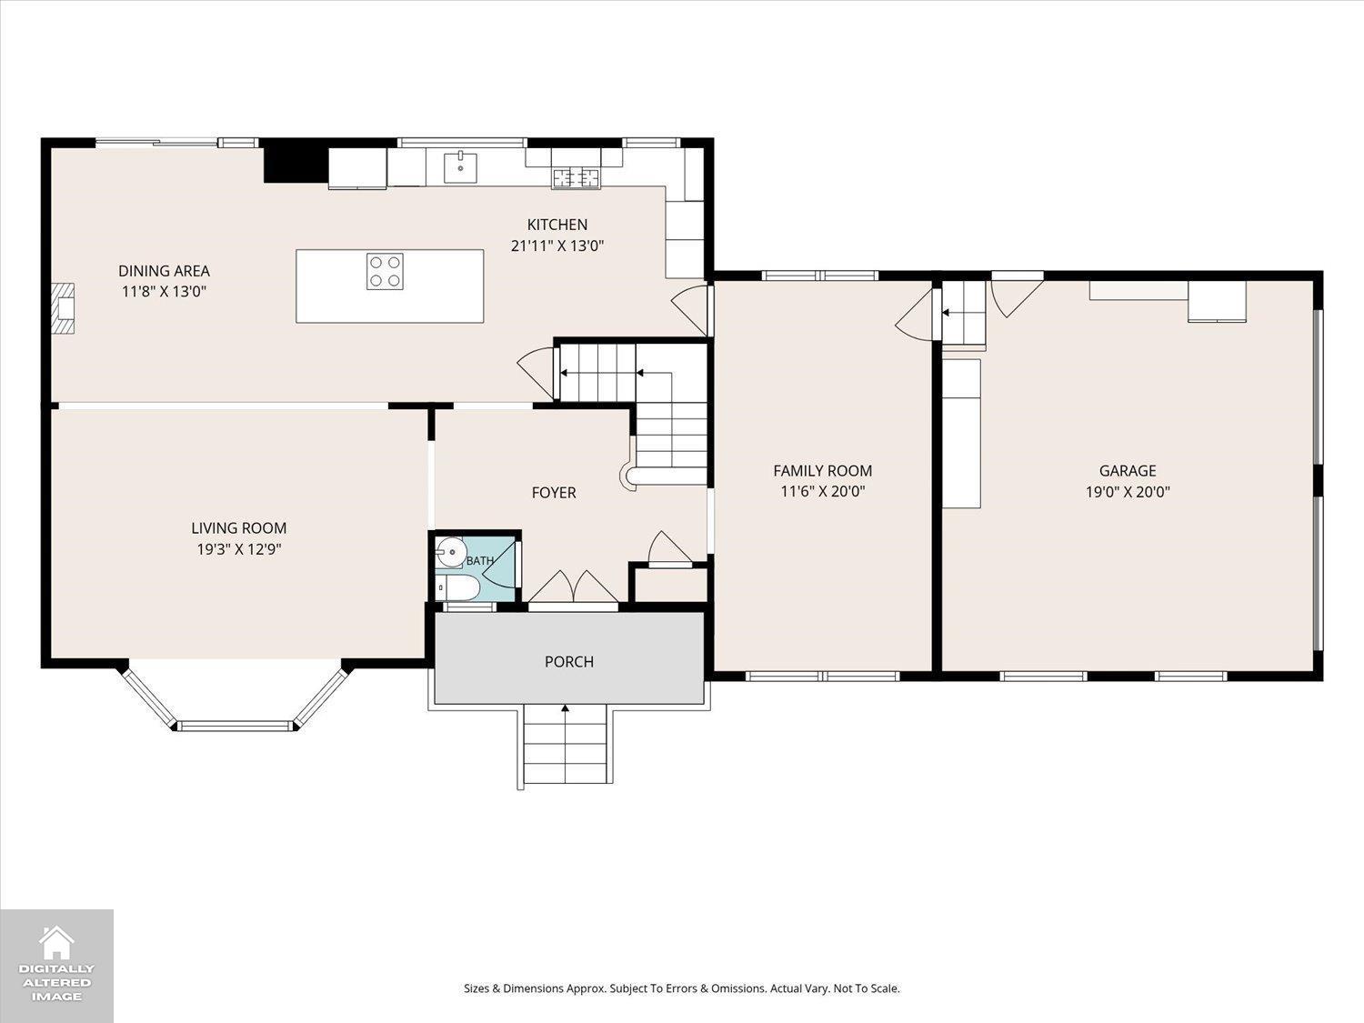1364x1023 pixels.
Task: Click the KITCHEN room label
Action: coord(557,225)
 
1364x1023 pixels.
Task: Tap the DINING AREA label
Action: coord(164,271)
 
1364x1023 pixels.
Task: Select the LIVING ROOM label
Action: coord(238,528)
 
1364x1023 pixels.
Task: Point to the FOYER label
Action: coord(554,493)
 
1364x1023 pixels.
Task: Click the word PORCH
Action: coord(569,661)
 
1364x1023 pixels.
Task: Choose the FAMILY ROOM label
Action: coord(823,471)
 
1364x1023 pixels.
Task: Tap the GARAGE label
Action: coord(1128,471)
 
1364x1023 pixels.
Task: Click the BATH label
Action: coord(480,561)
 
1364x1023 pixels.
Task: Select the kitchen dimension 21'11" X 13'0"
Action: coord(557,246)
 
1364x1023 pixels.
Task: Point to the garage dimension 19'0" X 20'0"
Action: coord(1128,492)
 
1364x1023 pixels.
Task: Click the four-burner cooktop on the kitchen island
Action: coord(385,271)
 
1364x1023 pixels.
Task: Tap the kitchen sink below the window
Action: coord(460,167)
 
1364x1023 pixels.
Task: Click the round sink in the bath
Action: coord(450,551)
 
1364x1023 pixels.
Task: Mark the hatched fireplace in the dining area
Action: coord(62,308)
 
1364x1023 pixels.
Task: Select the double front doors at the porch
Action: coord(573,587)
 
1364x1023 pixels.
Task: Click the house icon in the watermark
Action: coord(56,943)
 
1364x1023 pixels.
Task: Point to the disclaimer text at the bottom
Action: coord(682,988)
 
